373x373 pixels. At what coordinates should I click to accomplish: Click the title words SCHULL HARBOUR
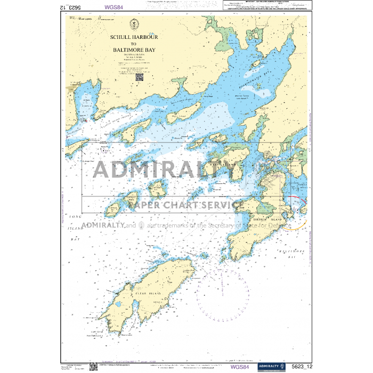[134, 38]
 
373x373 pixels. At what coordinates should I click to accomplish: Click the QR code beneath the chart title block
[139, 77]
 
